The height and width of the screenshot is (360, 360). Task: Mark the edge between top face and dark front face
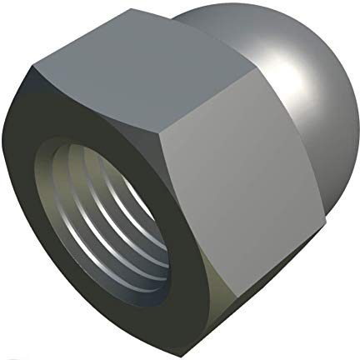[92, 97]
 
